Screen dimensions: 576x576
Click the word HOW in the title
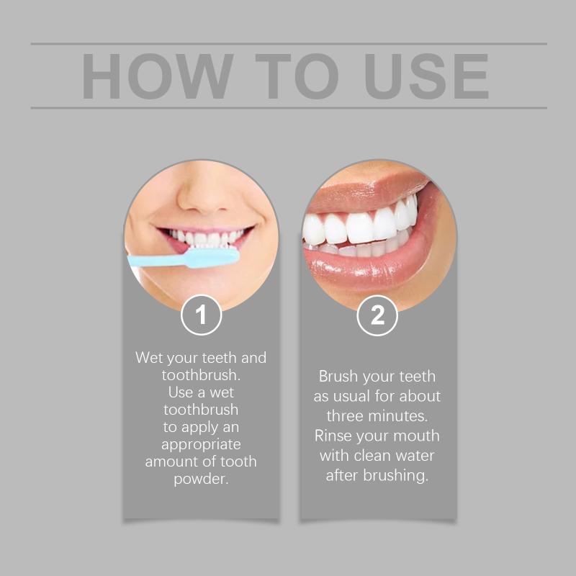click(158, 76)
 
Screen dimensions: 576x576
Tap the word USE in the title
click(426, 76)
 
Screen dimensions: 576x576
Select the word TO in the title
click(297, 76)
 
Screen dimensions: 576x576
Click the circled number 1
click(201, 315)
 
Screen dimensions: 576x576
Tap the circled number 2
click(377, 315)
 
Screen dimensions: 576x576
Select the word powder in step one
click(201, 480)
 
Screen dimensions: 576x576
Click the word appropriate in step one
click(201, 445)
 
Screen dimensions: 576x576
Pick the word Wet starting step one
click(150, 357)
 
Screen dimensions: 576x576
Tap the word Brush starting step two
click(338, 376)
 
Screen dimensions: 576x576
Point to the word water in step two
click(415, 456)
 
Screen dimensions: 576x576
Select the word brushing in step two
click(395, 476)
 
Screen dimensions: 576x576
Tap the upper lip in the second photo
click(364, 191)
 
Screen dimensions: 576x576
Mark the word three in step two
click(345, 416)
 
